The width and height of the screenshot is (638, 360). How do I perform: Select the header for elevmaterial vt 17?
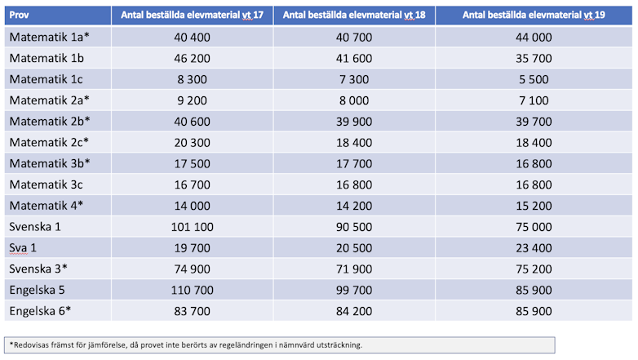coord(191,15)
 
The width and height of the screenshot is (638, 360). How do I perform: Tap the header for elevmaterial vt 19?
coord(534,15)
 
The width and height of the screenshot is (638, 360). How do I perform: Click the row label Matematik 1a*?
coord(49,38)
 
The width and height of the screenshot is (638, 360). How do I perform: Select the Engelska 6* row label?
coord(41,311)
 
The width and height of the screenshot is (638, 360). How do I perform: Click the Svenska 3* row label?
coord(38,269)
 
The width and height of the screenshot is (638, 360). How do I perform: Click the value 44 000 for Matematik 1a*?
coord(534,38)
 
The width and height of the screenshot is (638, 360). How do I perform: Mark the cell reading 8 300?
coord(191,79)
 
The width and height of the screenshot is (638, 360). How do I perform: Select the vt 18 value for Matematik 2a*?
coord(353,100)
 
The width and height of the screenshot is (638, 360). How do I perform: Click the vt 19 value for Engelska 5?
coord(534,290)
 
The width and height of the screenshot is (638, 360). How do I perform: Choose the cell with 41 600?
coord(353,59)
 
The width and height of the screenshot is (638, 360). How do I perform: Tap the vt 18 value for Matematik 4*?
coord(353,206)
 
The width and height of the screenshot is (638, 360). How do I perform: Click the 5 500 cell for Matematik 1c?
coord(534,79)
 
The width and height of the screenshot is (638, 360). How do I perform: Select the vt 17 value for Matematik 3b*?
coord(191,163)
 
